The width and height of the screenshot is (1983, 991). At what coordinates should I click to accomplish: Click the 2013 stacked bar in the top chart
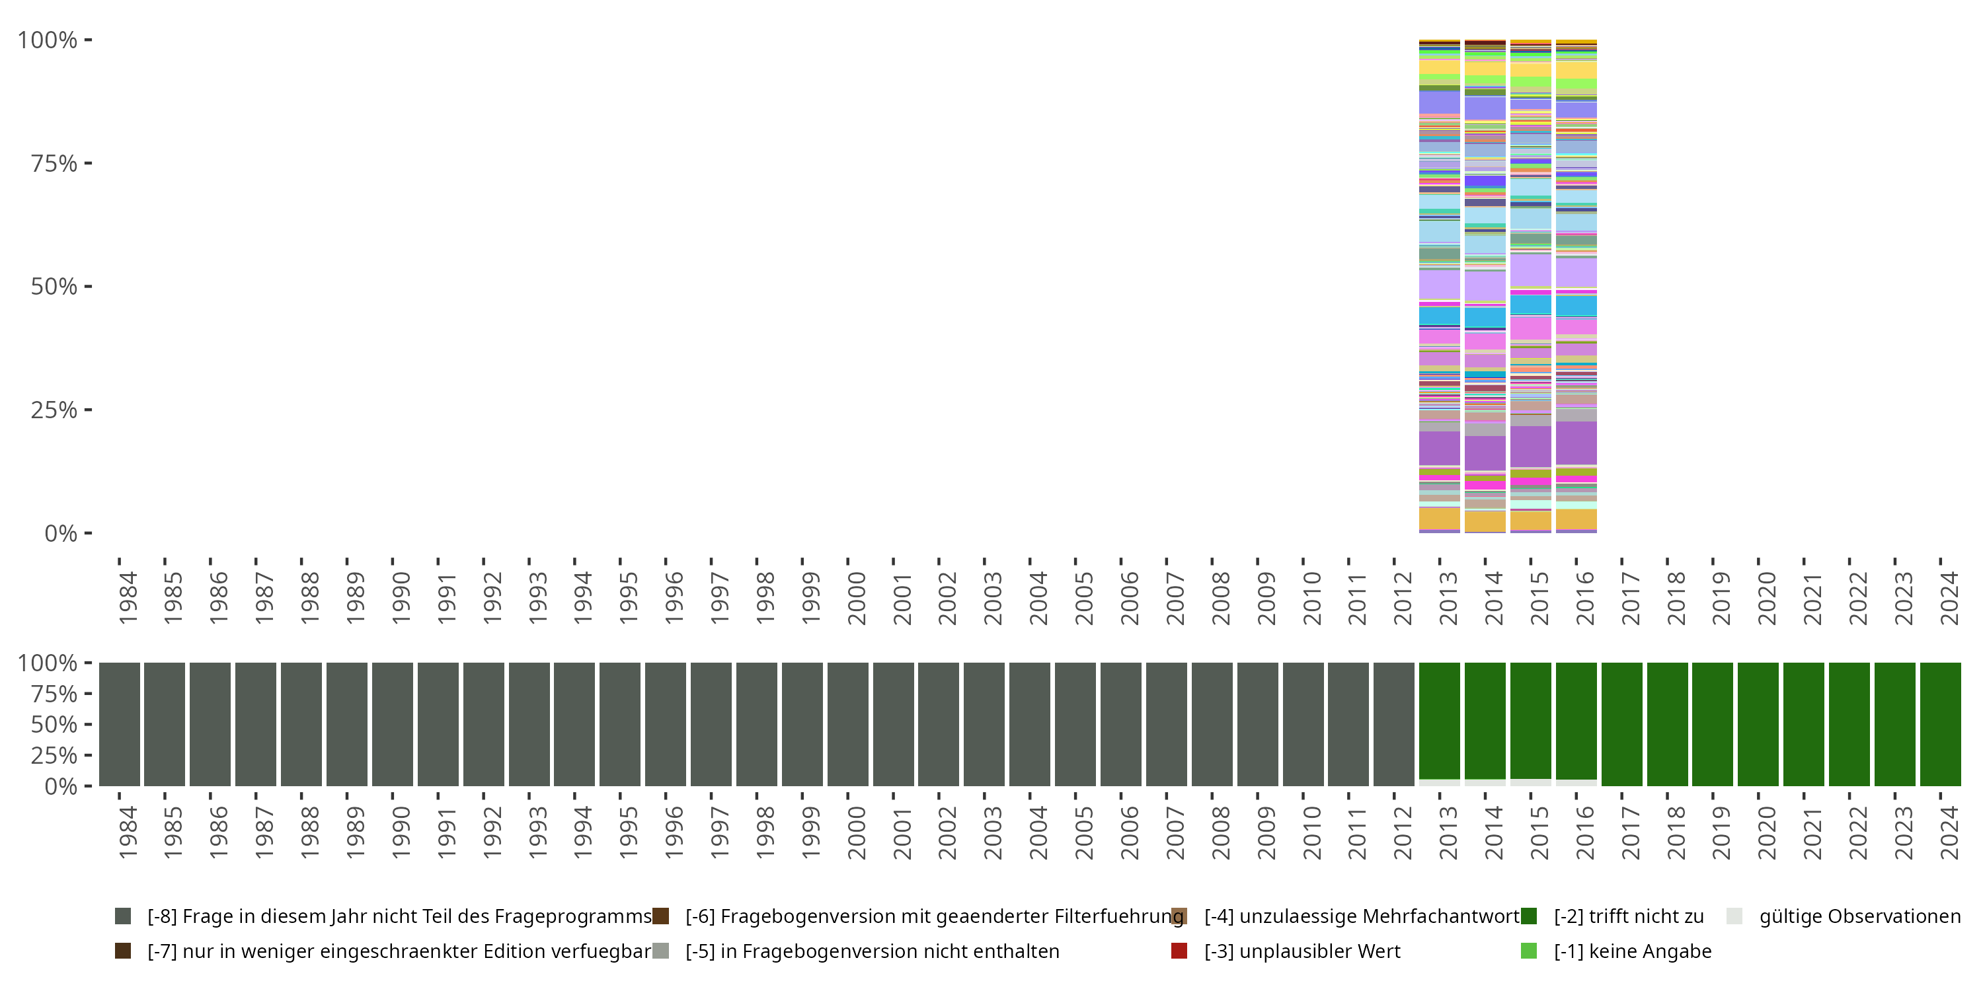(1439, 286)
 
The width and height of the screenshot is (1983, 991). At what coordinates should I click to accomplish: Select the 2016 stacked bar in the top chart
(1576, 286)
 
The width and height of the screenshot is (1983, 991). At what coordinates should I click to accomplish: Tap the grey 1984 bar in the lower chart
(120, 724)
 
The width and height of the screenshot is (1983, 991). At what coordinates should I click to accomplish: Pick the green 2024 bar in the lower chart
(1940, 724)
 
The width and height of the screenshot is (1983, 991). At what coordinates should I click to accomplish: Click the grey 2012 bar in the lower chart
(1393, 724)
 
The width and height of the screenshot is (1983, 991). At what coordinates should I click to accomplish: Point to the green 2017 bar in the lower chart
(1621, 724)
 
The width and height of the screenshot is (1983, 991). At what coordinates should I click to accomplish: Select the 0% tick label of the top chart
(61, 533)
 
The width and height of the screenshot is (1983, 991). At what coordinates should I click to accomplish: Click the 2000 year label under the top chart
(856, 599)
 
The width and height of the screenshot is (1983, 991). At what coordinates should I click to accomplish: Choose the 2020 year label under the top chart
(1766, 599)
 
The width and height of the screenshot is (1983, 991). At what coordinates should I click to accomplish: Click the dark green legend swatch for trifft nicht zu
(1529, 916)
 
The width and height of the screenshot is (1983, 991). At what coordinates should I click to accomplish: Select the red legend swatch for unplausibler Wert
(1179, 951)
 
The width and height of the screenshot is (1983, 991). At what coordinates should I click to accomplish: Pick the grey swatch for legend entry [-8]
(122, 916)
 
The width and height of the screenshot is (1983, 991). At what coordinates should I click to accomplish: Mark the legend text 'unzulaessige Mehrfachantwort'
(1362, 916)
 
